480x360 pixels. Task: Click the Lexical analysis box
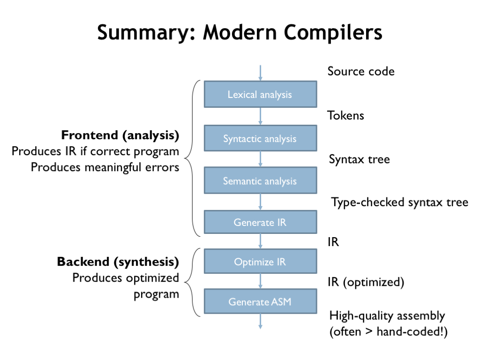[260, 94]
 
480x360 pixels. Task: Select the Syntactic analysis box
[260, 138]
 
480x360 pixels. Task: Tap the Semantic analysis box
[260, 180]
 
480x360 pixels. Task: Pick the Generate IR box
[260, 222]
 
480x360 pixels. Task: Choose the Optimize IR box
[260, 262]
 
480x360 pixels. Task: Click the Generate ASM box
[260, 301]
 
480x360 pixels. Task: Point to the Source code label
[361, 71]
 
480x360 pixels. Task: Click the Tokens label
[346, 115]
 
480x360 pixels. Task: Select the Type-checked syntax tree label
[400, 202]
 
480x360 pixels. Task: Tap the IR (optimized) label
[366, 282]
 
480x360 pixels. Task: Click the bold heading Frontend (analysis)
[120, 136]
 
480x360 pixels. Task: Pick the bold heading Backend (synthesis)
[118, 262]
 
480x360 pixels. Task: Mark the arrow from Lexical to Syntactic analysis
[260, 116]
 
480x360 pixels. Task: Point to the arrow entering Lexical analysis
[260, 73]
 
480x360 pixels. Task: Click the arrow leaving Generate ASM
[260, 322]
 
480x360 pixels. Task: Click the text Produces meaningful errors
[105, 167]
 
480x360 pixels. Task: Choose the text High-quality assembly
[387, 315]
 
